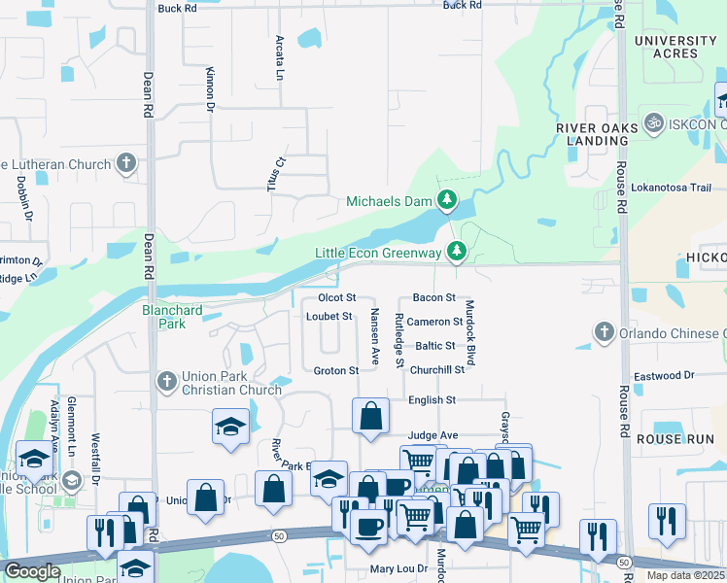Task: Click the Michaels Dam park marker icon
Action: click(447, 202)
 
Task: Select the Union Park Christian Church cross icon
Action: click(166, 380)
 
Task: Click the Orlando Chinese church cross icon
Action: click(604, 333)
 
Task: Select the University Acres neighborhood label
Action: click(675, 47)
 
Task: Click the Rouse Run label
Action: click(675, 439)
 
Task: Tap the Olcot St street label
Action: click(337, 297)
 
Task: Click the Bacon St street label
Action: click(433, 297)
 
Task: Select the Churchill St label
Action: click(436, 370)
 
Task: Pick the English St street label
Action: click(432, 400)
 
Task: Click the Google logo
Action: click(32, 571)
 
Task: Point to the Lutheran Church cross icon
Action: click(126, 164)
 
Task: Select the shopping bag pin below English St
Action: click(371, 416)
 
